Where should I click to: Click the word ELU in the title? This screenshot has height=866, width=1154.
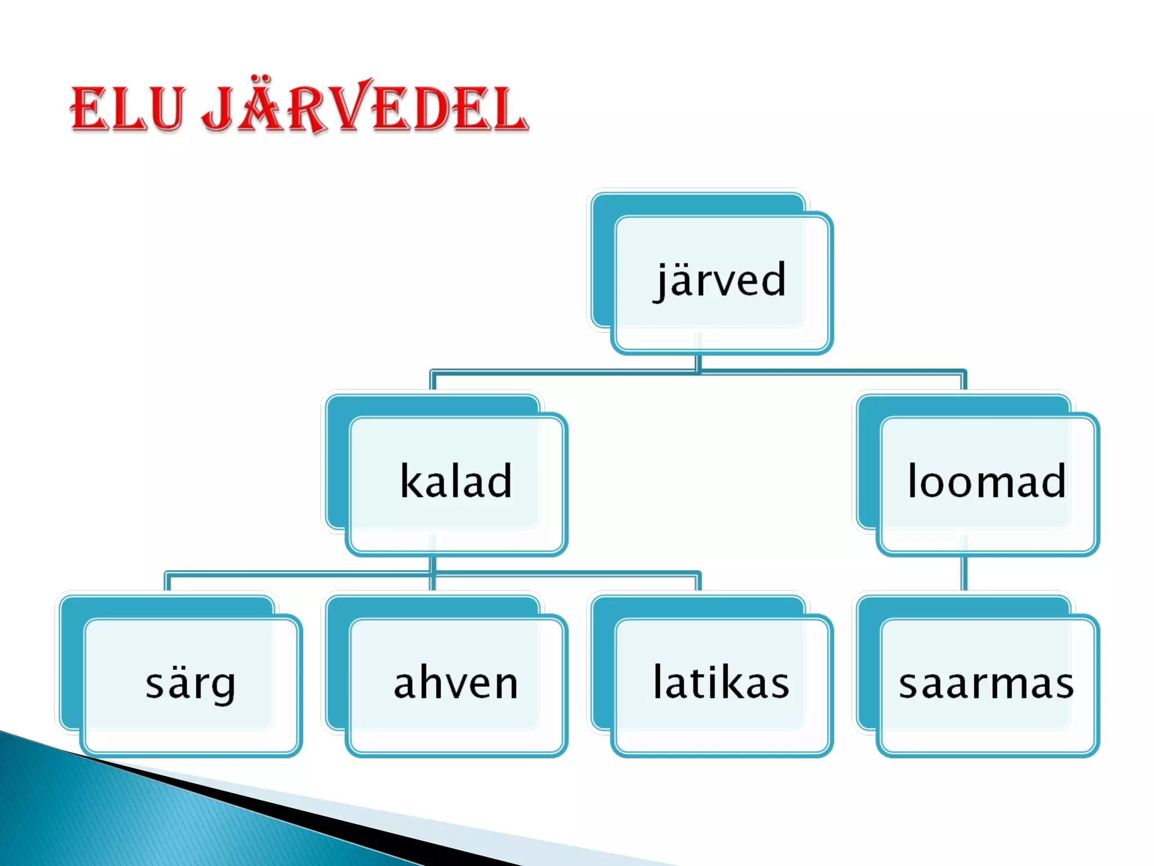pyautogui.click(x=127, y=109)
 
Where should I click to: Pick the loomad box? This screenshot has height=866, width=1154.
pyautogui.click(x=987, y=482)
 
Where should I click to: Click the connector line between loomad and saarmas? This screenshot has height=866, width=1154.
pyautogui.click(x=964, y=573)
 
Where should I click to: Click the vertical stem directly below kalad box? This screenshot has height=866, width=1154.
pyautogui.click(x=432, y=564)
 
